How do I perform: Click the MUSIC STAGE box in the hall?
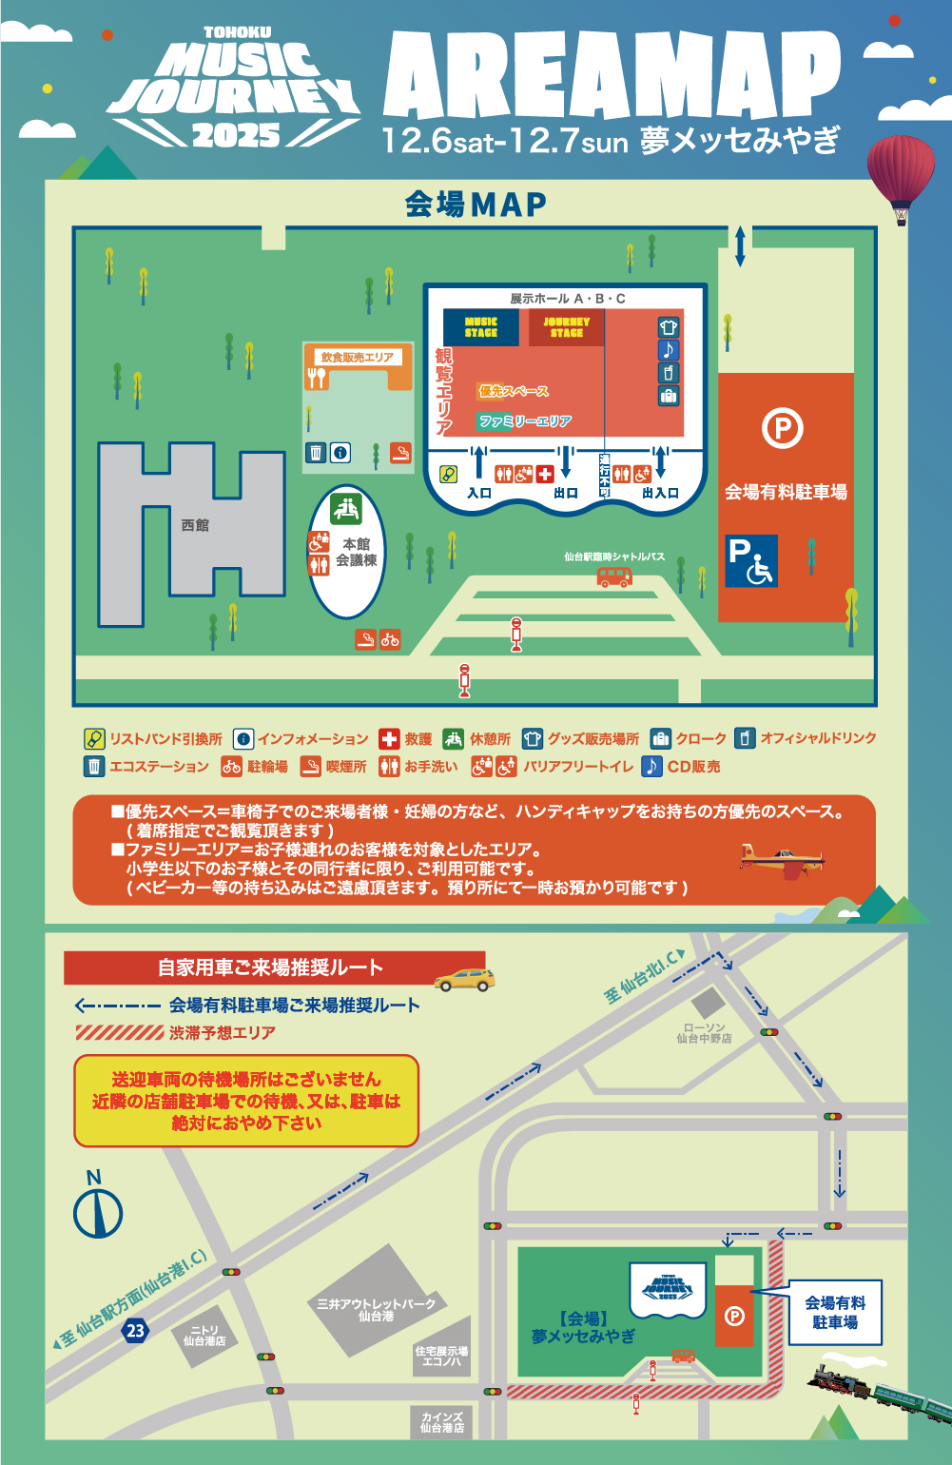480,327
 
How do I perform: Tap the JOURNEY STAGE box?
566,327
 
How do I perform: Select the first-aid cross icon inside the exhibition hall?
545,474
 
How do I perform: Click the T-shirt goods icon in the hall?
669,327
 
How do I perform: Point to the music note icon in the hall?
669,350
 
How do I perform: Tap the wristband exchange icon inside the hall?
449,474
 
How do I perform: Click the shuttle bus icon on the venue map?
614,576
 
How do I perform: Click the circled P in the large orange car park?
782,428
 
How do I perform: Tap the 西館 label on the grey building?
195,525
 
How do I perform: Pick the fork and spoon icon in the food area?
317,378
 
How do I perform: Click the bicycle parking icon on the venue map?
390,639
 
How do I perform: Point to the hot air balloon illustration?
900,176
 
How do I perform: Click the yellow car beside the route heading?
464,980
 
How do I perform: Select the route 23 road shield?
136,1330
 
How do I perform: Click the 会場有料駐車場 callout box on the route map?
835,1313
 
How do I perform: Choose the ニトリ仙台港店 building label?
204,1336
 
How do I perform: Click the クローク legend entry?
690,739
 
